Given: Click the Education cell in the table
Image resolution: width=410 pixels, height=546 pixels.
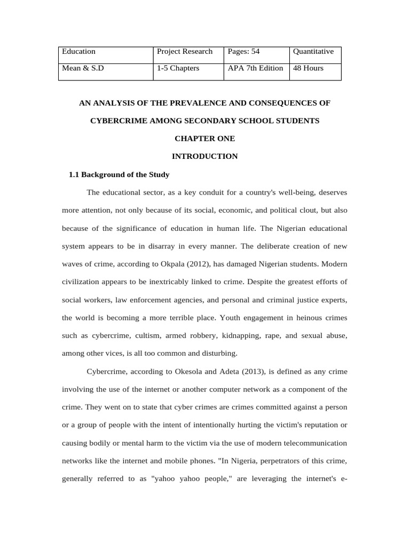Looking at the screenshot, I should (x=79, y=52).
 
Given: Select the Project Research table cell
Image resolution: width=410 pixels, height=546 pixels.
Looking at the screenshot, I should (x=185, y=52).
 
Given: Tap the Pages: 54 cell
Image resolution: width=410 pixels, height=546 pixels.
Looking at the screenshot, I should (x=243, y=52).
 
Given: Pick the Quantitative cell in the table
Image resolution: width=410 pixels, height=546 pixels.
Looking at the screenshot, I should (x=313, y=52).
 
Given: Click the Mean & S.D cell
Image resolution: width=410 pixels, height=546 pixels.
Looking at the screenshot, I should (x=83, y=68).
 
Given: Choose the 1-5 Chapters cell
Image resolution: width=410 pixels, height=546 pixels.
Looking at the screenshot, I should (x=178, y=68).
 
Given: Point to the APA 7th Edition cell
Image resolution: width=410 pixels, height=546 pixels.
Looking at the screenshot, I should (x=255, y=68).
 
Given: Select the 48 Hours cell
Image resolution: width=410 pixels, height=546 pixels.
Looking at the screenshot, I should (x=309, y=68).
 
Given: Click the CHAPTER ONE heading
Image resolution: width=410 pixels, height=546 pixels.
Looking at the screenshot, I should (x=204, y=139).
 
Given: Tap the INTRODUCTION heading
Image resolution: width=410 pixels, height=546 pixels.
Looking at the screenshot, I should (x=204, y=156).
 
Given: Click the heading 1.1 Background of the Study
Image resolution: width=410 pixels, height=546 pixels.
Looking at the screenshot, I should (x=120, y=174).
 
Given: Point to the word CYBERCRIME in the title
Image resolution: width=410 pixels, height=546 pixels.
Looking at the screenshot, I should (x=115, y=121).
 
